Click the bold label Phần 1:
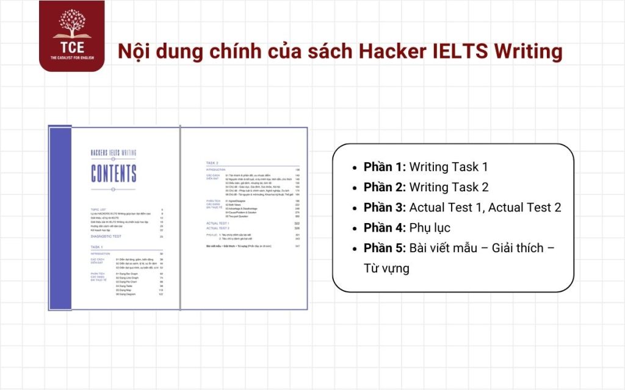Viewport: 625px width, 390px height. [385, 167]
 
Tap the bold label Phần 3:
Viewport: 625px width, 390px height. [385, 207]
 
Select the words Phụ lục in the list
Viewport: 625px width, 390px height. [430, 227]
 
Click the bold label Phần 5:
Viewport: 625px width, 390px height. [385, 248]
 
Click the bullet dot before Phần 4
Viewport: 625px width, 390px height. [355, 228]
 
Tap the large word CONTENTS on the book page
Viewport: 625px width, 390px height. [114, 174]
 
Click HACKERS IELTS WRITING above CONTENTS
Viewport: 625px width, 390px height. [114, 153]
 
